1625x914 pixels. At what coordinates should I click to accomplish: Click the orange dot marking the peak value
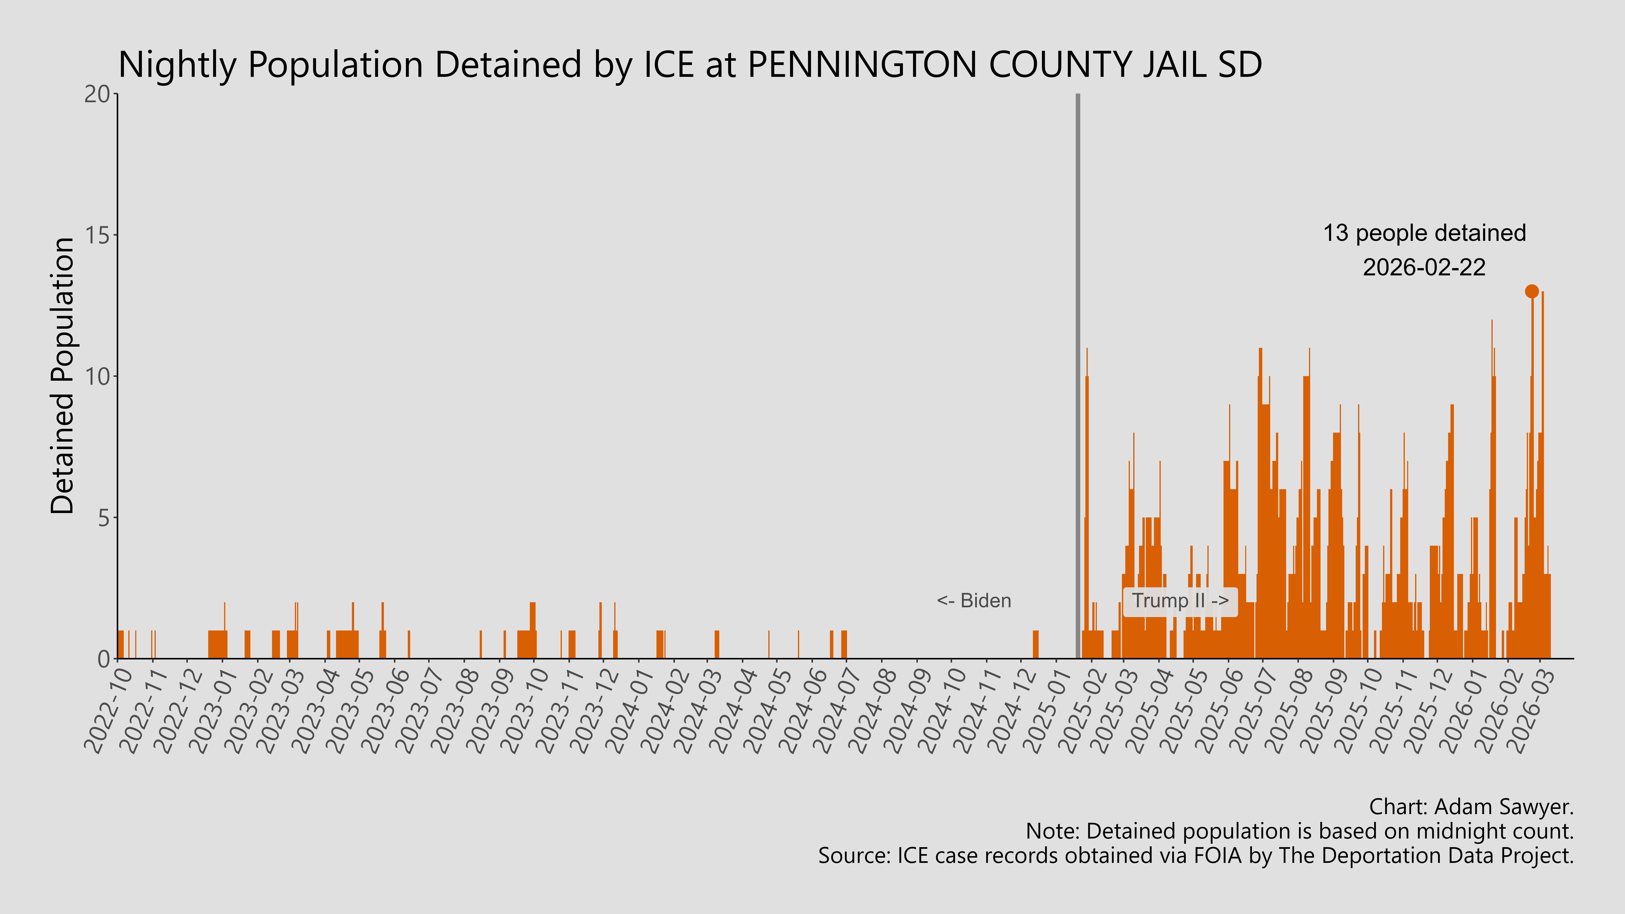point(1532,291)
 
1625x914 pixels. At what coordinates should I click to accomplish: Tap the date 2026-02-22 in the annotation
point(1424,267)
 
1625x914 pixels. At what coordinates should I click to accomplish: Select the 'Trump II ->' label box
point(1180,601)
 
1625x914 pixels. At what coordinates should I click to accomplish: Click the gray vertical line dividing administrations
point(1077,378)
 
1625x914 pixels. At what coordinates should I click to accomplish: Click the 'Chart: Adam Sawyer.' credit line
point(1471,807)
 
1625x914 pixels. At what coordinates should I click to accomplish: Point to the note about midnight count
point(1299,831)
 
